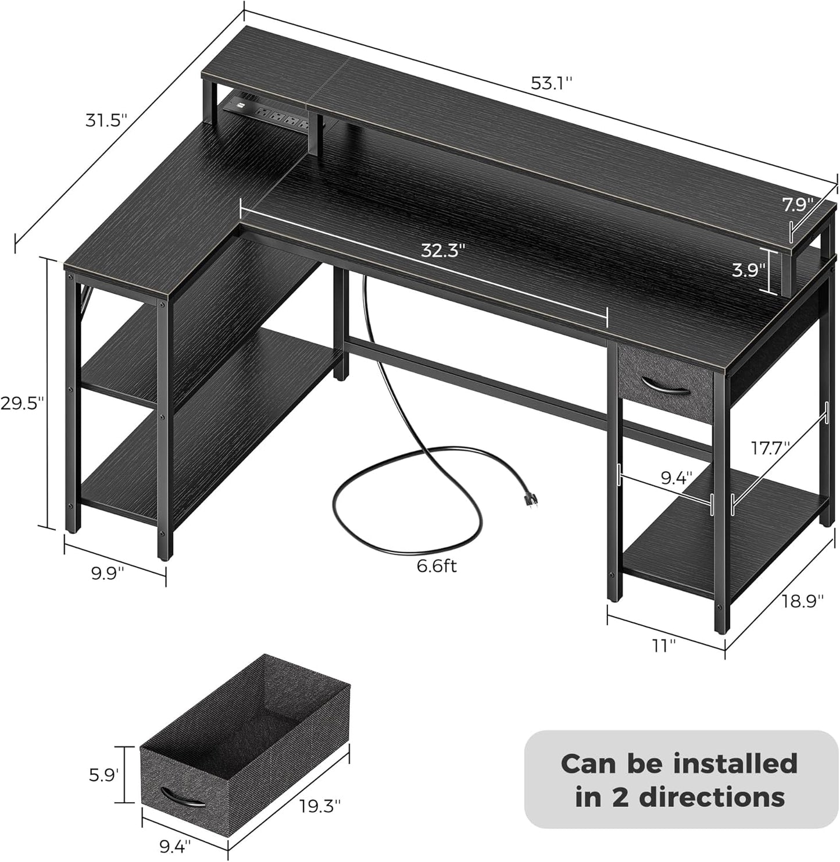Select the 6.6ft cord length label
click(437, 565)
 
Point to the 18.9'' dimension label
click(803, 601)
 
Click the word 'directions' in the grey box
click(680, 797)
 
